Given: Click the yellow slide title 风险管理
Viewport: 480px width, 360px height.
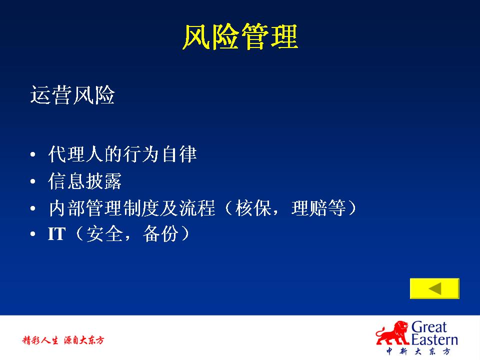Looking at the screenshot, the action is [240, 36].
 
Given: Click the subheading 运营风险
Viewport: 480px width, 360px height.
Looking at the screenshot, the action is [72, 95].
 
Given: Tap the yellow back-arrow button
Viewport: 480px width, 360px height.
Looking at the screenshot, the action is [434, 288].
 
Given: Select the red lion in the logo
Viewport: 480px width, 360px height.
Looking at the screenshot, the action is [393, 333].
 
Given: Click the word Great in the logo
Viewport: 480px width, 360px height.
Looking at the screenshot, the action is [429, 327].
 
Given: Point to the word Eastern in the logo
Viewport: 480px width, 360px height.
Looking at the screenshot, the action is [434, 339].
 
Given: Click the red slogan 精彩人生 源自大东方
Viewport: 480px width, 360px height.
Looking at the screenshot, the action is [63, 340].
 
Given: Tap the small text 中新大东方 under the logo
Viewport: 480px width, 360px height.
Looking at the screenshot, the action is [418, 351].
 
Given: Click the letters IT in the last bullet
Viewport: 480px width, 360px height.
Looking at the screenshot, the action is [56, 234].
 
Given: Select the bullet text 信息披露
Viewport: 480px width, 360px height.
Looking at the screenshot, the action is [85, 181].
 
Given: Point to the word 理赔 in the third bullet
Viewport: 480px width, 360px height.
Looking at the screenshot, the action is [309, 208].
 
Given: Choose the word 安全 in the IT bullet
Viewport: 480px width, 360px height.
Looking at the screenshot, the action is [104, 234].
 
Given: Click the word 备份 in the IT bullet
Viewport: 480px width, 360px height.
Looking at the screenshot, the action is [160, 234].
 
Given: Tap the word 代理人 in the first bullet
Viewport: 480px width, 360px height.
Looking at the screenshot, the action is [75, 153].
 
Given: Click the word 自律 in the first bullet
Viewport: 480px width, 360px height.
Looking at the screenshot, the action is [179, 153].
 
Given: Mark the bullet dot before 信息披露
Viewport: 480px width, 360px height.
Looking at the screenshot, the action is [33, 181].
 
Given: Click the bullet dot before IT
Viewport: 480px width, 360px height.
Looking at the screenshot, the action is [33, 234].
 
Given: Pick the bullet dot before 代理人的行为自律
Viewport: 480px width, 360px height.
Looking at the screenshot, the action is [33, 154].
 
